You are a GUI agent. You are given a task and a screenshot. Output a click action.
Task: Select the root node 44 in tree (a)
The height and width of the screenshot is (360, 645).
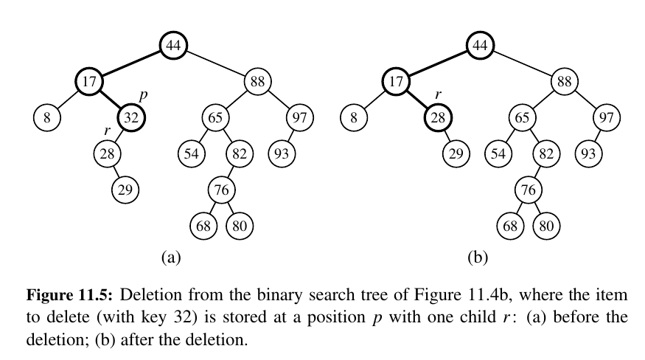point(173,46)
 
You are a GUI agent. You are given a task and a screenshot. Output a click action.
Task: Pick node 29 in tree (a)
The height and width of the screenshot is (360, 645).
point(125,190)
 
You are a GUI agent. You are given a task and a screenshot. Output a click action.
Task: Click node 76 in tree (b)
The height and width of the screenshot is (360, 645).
point(527,190)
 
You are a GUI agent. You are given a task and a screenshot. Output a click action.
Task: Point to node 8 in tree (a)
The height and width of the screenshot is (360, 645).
point(46,117)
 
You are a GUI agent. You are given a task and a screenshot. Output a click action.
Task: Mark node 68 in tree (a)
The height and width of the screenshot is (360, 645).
point(203,225)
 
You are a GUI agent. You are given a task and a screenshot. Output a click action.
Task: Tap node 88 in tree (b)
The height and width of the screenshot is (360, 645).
point(564,81)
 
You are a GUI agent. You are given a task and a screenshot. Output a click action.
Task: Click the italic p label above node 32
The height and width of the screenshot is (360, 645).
point(143,97)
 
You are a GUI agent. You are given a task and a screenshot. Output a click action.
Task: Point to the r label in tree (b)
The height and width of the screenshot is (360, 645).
point(438,95)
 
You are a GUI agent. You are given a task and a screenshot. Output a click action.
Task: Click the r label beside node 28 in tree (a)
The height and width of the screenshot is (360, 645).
point(108,131)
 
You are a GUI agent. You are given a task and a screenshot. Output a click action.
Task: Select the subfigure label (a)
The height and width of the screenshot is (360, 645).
point(171,257)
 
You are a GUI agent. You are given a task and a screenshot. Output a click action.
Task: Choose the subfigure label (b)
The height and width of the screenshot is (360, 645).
point(478,257)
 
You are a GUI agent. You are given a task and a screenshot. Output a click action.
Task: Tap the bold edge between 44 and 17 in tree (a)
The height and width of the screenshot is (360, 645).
point(130,63)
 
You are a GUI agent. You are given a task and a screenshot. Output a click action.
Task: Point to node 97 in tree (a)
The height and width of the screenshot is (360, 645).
point(299,117)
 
